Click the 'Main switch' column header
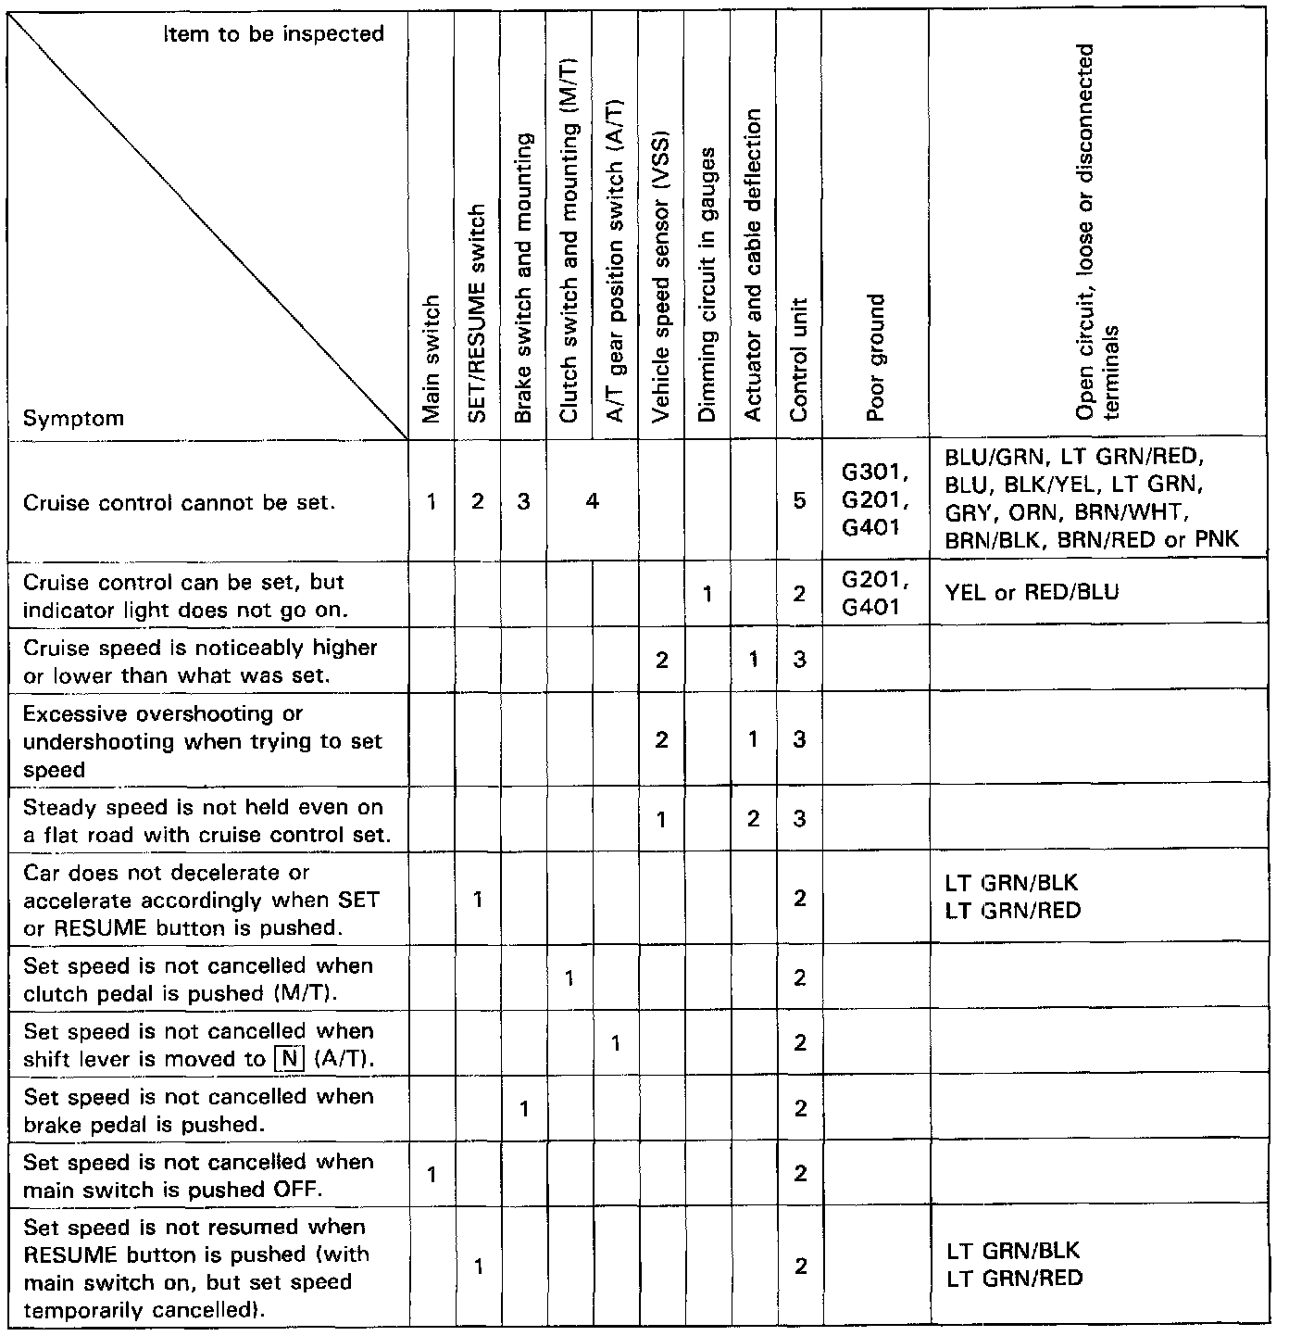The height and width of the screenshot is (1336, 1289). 432,359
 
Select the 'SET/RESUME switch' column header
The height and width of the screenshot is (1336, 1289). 477,313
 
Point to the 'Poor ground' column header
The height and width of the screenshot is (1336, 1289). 875,358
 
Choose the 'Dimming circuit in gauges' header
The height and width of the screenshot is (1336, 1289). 707,284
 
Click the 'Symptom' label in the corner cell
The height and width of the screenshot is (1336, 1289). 73,418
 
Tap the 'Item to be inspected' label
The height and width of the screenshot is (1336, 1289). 273,34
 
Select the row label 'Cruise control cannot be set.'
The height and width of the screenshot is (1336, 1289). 179,503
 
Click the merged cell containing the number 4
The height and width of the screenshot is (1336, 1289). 592,501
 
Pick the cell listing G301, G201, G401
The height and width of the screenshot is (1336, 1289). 874,500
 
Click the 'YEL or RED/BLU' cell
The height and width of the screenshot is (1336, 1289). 1032,592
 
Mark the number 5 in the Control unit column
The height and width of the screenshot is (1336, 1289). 800,501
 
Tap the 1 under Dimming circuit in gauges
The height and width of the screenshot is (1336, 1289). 707,593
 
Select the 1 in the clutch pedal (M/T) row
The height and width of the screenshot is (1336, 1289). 569,978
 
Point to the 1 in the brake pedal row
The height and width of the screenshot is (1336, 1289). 524,1108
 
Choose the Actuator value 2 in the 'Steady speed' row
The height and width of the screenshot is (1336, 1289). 754,819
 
